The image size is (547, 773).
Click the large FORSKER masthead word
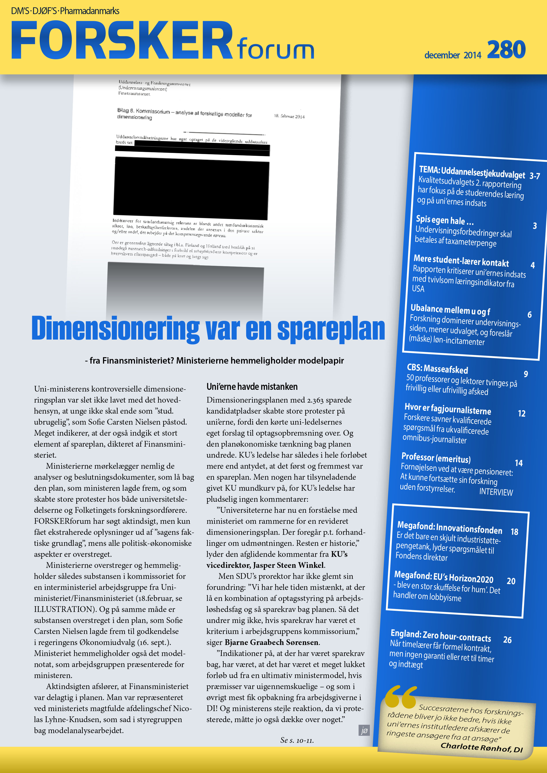click(121, 40)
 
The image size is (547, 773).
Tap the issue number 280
click(506, 50)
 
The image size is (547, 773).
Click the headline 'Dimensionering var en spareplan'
click(208, 329)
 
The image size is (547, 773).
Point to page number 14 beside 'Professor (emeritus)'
click(518, 463)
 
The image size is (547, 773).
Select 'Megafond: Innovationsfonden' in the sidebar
click(449, 527)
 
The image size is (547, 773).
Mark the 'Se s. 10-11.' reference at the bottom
click(297, 740)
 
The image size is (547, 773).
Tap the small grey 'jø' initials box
click(364, 730)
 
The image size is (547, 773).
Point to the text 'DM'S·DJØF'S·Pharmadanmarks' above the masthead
click(65, 11)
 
